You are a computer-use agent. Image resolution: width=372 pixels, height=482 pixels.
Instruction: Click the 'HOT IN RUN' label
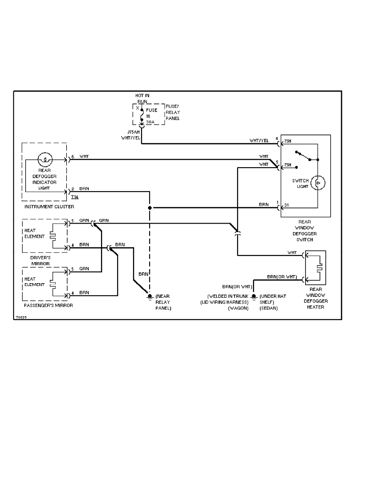click(142, 98)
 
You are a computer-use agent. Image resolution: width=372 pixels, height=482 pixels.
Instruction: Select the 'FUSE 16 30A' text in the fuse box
click(152, 116)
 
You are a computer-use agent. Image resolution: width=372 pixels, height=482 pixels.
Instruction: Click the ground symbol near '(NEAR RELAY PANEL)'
click(150, 298)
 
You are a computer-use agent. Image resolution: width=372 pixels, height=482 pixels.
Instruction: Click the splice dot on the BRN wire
click(150, 208)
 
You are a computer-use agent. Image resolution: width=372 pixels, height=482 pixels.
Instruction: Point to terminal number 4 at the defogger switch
click(276, 138)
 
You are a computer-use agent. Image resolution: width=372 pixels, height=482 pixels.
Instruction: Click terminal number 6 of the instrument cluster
click(73, 156)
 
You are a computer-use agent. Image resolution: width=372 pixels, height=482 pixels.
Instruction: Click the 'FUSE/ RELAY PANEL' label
click(173, 112)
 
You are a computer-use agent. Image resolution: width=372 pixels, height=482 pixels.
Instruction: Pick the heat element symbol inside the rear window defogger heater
click(320, 268)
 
